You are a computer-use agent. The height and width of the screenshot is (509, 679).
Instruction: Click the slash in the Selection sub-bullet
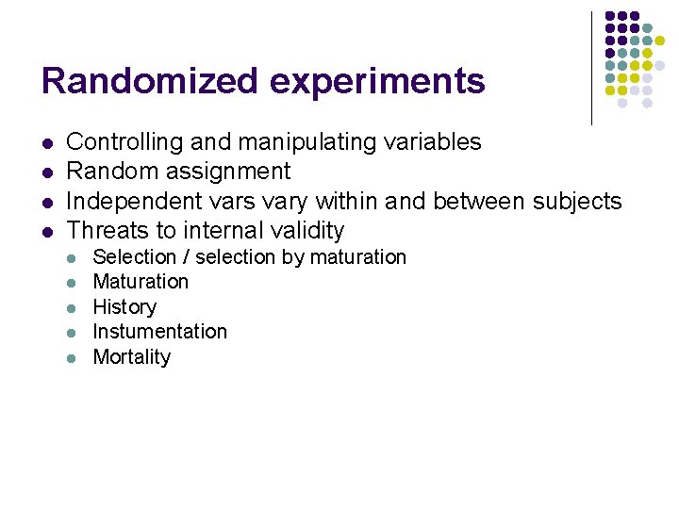coord(183,257)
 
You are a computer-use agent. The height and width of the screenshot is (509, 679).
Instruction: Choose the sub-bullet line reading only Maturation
coord(141,282)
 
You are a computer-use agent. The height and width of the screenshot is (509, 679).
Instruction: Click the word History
coord(124,307)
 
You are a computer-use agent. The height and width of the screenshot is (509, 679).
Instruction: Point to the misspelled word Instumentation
coord(159,332)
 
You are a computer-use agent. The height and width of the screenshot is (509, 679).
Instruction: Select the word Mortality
coord(131,357)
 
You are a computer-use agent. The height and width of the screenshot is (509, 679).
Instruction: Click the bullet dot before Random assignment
coord(46,172)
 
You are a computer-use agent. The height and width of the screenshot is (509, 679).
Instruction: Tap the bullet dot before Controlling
coord(46,143)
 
